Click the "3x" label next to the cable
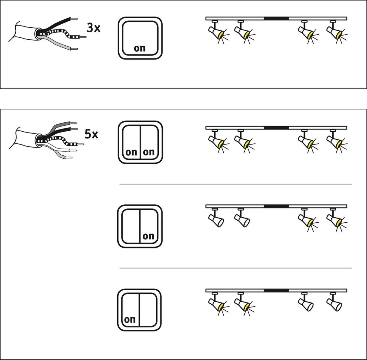pyautogui.click(x=93, y=28)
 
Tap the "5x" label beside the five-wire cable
pyautogui.click(x=91, y=134)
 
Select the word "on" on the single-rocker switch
pyautogui.click(x=140, y=48)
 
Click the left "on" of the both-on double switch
pyautogui.click(x=131, y=152)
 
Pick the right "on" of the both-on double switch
pyautogui.click(x=149, y=152)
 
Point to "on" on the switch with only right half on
pyautogui.click(x=148, y=236)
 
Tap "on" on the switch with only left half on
pyautogui.click(x=130, y=320)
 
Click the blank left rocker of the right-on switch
pyautogui.click(x=131, y=226)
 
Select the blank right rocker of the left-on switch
pyautogui.click(x=148, y=310)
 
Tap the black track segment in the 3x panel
pyautogui.click(x=276, y=18)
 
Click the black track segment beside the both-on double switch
pyautogui.click(x=276, y=128)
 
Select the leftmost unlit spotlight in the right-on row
pyautogui.click(x=216, y=219)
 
